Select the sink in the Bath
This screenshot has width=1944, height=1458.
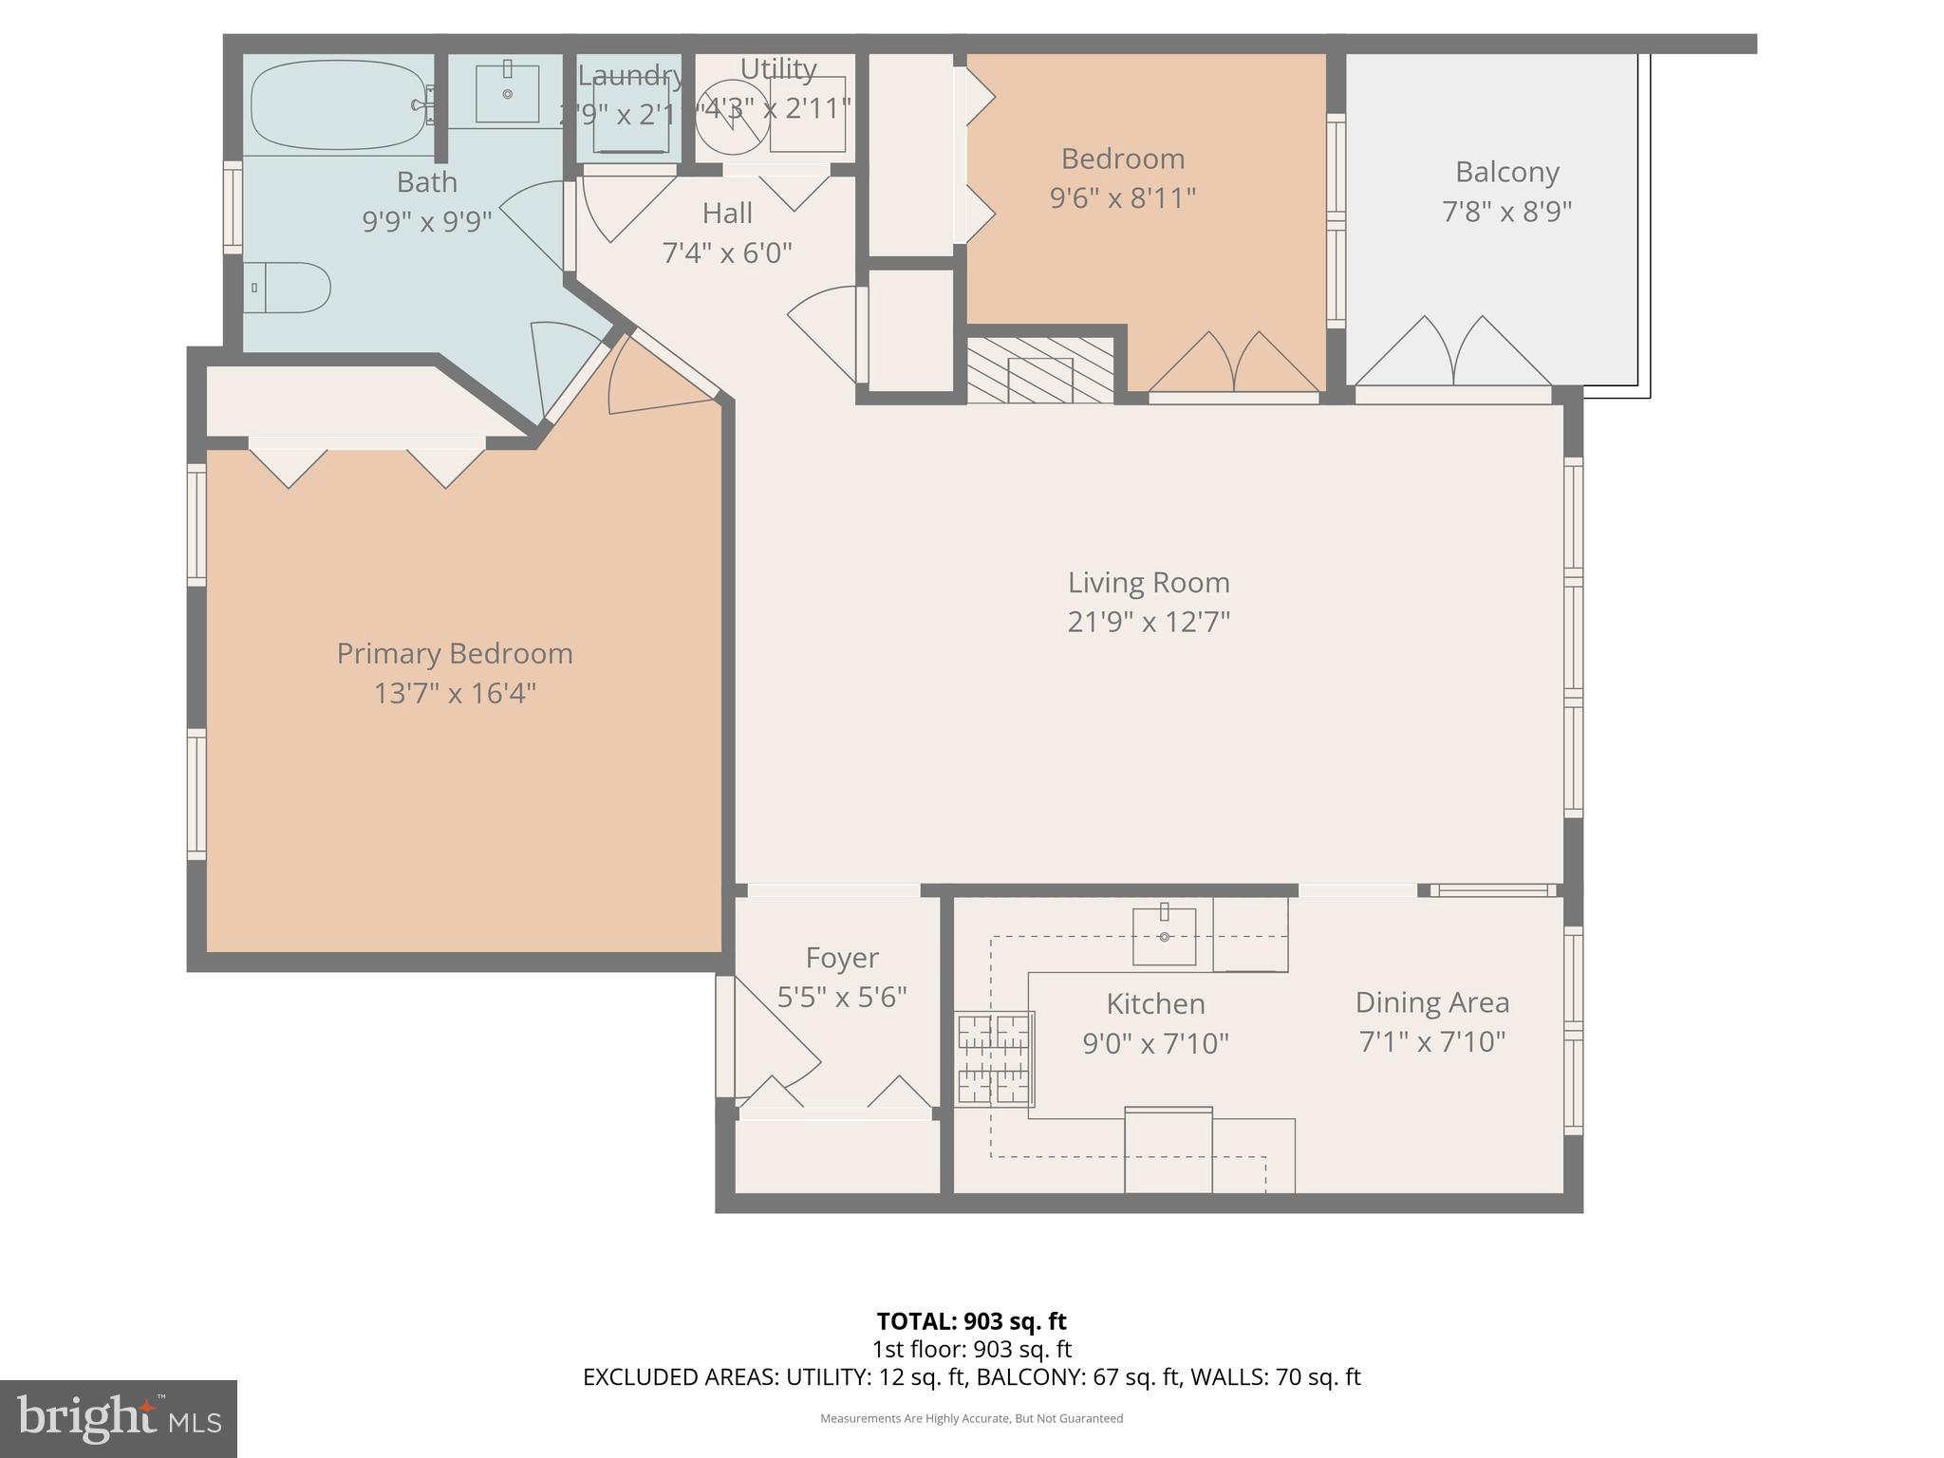pos(507,93)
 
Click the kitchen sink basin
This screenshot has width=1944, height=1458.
pos(1164,937)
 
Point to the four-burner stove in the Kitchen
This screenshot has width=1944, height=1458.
pos(994,1058)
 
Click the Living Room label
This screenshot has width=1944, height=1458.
pos(1148,582)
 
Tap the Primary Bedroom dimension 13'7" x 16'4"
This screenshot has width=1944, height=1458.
pos(455,694)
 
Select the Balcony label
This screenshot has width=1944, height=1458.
pos(1506,172)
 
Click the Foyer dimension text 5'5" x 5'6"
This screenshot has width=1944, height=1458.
pos(842,998)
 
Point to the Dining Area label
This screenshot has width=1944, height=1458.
pos(1431,1002)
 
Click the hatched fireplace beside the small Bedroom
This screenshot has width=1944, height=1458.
pos(1040,371)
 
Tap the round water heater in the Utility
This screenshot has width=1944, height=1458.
pos(733,117)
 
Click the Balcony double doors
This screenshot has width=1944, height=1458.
pos(1453,356)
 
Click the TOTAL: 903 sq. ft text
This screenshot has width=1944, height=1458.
pos(971,1321)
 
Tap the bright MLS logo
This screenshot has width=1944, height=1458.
pos(118,1418)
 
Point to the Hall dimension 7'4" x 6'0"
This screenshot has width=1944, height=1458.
pos(726,253)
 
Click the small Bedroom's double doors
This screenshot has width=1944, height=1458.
pos(1233,365)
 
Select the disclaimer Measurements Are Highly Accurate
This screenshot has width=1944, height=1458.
pos(971,1418)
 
